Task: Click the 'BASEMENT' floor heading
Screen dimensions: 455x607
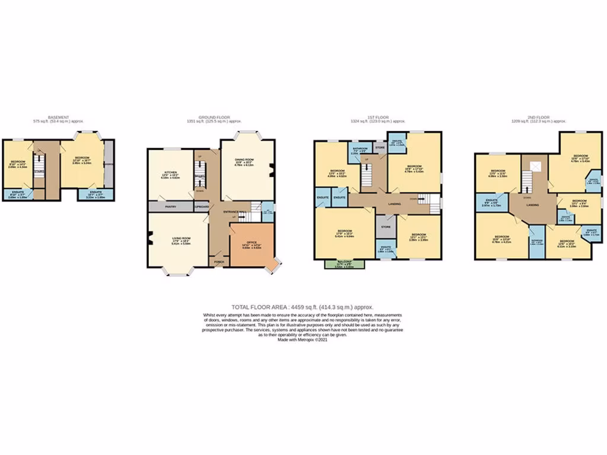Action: (x=58, y=117)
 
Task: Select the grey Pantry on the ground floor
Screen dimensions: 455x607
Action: (x=162, y=207)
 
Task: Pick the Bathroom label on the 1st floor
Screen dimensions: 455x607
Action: (x=360, y=149)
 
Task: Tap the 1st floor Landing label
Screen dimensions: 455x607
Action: (x=394, y=205)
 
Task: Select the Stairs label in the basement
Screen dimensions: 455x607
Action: (x=40, y=171)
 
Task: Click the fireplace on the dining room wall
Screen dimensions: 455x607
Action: (x=271, y=171)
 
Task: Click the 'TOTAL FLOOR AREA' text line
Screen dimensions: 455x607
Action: (x=302, y=307)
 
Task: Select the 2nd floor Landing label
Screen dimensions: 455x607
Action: (x=532, y=205)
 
